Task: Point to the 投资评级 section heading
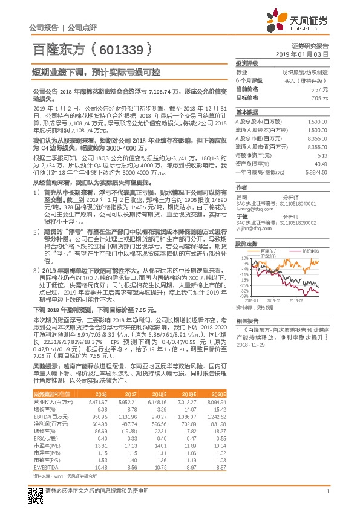[247, 63]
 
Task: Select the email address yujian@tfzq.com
[250, 221]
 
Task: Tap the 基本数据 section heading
[247, 112]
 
